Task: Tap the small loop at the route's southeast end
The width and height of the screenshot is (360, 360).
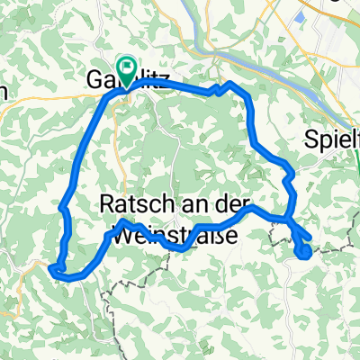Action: (303, 250)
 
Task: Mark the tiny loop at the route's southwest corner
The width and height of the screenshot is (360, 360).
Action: (57, 267)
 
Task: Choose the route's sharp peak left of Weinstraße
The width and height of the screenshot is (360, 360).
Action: (122, 220)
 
